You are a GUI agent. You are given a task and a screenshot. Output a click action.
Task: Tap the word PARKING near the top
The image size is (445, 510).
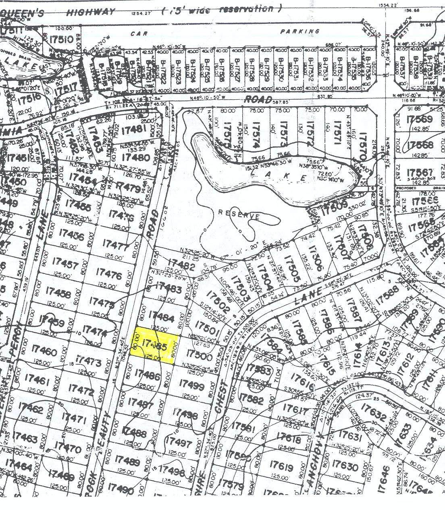pos(300,31)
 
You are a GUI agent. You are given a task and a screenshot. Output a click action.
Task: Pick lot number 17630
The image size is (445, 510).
pos(345,466)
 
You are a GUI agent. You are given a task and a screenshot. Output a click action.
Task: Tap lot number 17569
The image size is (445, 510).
pos(420,119)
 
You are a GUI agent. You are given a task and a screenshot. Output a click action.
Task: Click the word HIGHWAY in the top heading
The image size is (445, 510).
pos(91,12)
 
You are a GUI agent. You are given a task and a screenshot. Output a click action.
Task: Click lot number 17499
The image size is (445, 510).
pos(192,384)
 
